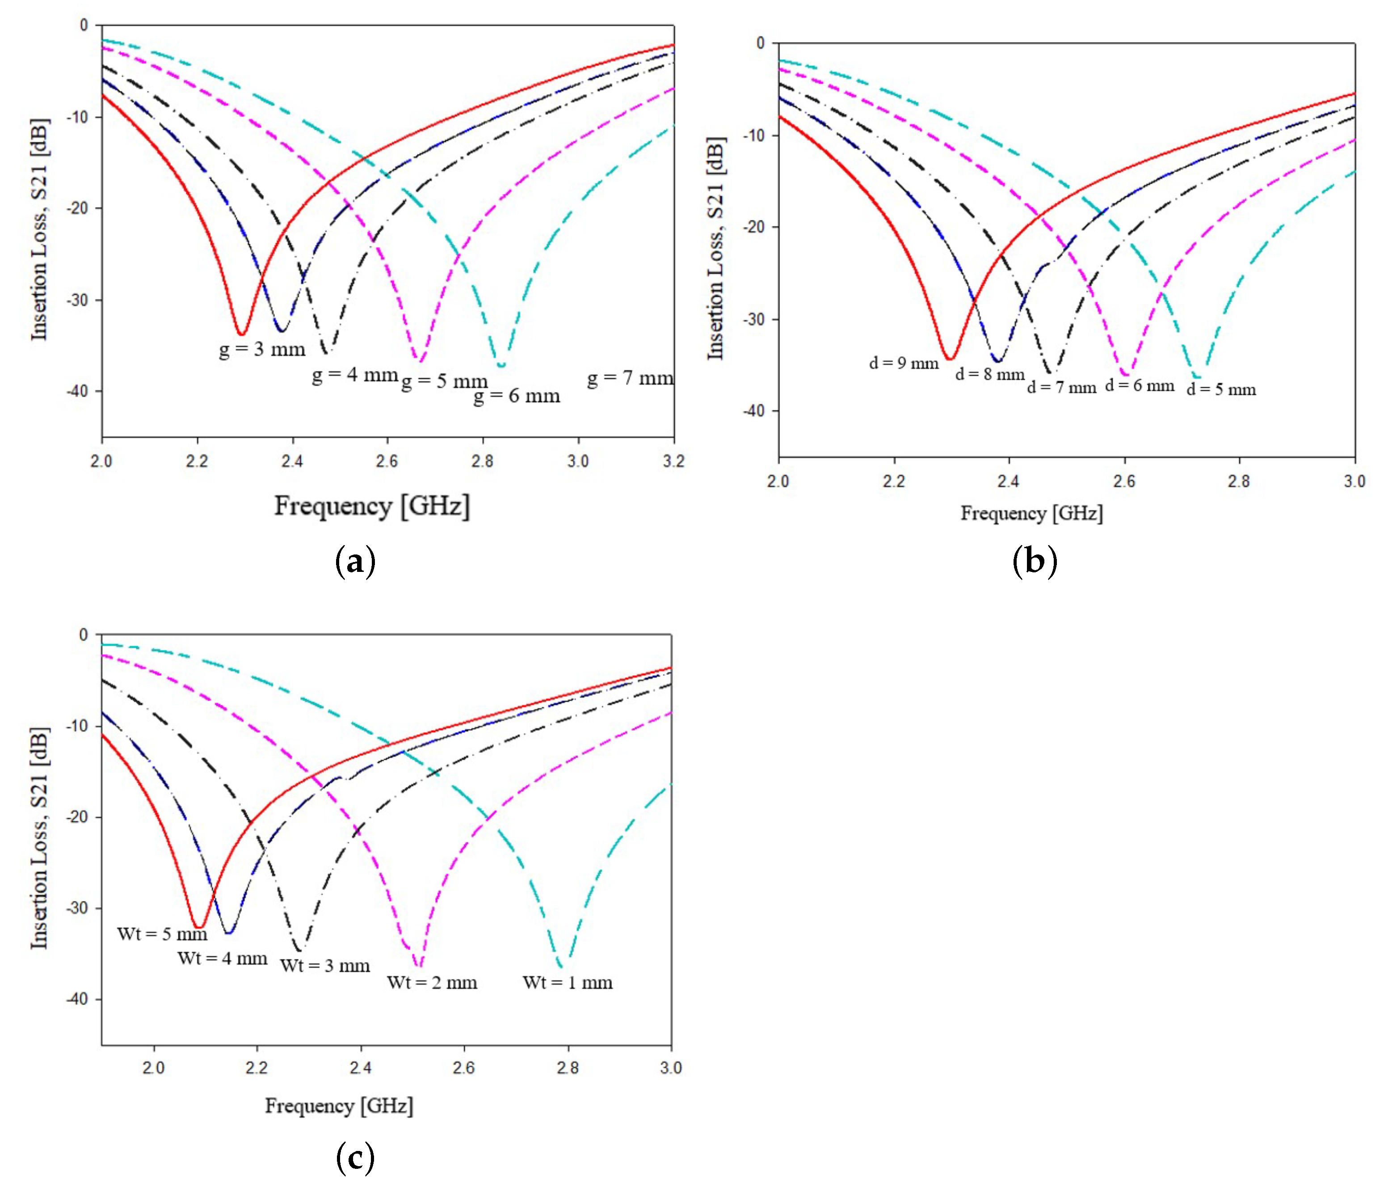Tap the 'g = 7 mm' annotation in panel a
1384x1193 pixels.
tap(630, 378)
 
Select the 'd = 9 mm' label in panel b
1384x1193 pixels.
tap(903, 364)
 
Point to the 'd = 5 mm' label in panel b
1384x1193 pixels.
tap(1220, 389)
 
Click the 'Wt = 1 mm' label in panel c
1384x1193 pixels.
tap(567, 982)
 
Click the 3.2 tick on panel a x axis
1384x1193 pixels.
tap(673, 461)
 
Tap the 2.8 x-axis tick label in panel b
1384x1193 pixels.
tap(1239, 481)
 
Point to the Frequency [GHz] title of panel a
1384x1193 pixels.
tap(372, 506)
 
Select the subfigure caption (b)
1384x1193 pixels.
tap(1034, 561)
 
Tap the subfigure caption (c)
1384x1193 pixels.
tap(355, 1158)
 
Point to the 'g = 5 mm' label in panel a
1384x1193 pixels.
tap(444, 381)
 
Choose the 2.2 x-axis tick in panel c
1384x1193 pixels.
tap(257, 1068)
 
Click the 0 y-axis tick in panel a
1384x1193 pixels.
tap(84, 25)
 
